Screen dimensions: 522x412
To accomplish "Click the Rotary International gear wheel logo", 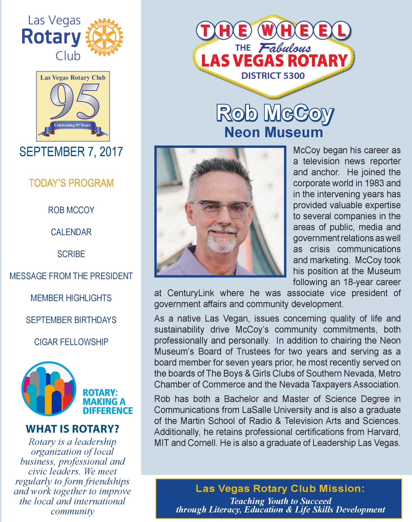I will click(104, 37).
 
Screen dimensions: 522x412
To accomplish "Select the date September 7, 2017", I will click(71, 152).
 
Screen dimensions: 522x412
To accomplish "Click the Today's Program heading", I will click(71, 183).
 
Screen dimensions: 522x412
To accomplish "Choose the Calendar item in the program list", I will click(71, 232).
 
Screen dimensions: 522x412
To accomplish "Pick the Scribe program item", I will click(71, 254).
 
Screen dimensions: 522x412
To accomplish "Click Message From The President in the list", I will click(71, 276).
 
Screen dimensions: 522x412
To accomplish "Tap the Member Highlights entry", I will click(71, 298).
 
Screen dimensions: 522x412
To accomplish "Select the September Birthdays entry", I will click(71, 320).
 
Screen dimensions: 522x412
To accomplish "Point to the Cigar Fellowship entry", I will click(71, 342).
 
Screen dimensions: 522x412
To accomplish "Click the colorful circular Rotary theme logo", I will click(49, 389).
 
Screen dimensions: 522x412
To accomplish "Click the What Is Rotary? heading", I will click(72, 429).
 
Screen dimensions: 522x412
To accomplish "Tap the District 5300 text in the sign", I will click(273, 76).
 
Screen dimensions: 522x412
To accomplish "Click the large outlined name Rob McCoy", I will click(275, 113).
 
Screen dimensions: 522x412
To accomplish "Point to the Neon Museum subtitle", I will click(274, 133).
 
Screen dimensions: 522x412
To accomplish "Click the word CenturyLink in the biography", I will click(191, 293).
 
